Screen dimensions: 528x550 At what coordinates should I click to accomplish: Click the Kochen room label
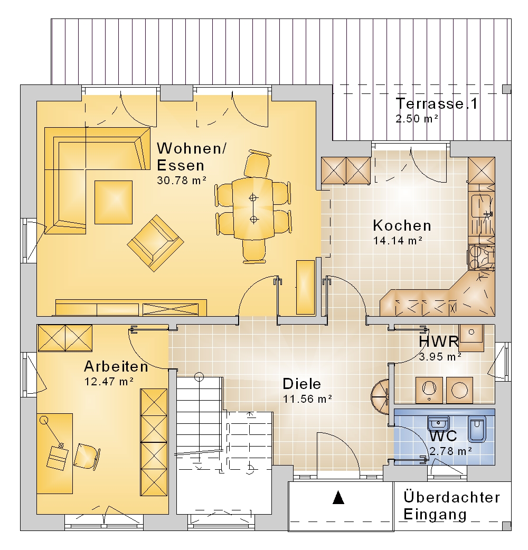(402, 225)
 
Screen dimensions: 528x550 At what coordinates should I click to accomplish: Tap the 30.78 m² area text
(182, 181)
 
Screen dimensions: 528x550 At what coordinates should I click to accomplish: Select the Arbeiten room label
(116, 366)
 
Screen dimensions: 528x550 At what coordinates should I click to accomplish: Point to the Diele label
(301, 384)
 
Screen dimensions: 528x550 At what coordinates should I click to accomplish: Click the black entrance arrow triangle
(338, 497)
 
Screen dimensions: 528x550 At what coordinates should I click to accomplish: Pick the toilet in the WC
(477, 429)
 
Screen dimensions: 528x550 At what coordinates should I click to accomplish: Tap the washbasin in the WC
(438, 423)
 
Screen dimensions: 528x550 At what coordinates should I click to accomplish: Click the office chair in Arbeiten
(87, 457)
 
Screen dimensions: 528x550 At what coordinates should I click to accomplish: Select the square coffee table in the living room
(114, 202)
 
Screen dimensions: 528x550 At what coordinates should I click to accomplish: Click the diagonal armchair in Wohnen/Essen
(155, 243)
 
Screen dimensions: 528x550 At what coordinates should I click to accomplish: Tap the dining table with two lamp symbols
(253, 208)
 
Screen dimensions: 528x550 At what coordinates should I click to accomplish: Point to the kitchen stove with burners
(481, 257)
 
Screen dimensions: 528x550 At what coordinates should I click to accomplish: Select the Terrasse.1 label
(437, 103)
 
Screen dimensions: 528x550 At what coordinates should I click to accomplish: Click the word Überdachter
(451, 497)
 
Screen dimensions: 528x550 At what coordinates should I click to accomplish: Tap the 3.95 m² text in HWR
(440, 357)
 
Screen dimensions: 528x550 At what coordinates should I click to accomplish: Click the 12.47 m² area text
(109, 381)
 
